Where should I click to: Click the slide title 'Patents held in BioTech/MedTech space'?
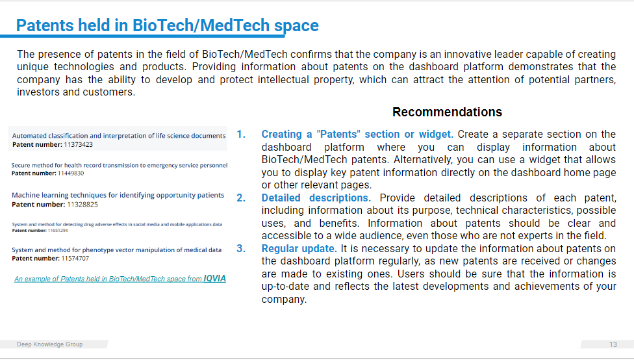[168, 25]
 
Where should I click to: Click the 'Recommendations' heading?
[447, 112]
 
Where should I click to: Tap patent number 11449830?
[71, 173]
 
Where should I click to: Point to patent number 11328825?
[82, 204]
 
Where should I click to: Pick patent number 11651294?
[58, 231]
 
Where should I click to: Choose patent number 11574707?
[75, 259]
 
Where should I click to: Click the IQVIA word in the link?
[215, 278]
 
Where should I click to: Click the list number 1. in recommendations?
[241, 135]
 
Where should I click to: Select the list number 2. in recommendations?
[241, 198]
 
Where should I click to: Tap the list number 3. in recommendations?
[241, 248]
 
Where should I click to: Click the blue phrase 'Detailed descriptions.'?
[316, 198]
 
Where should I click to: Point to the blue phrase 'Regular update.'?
[299, 248]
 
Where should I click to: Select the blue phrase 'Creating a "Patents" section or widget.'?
[357, 135]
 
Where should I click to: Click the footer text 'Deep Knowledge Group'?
[50, 344]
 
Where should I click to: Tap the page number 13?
[613, 344]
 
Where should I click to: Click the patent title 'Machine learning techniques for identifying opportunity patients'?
[118, 195]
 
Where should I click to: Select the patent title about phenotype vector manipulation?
[117, 250]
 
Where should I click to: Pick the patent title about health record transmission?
[120, 165]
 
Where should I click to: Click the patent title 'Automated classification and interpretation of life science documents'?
[119, 136]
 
